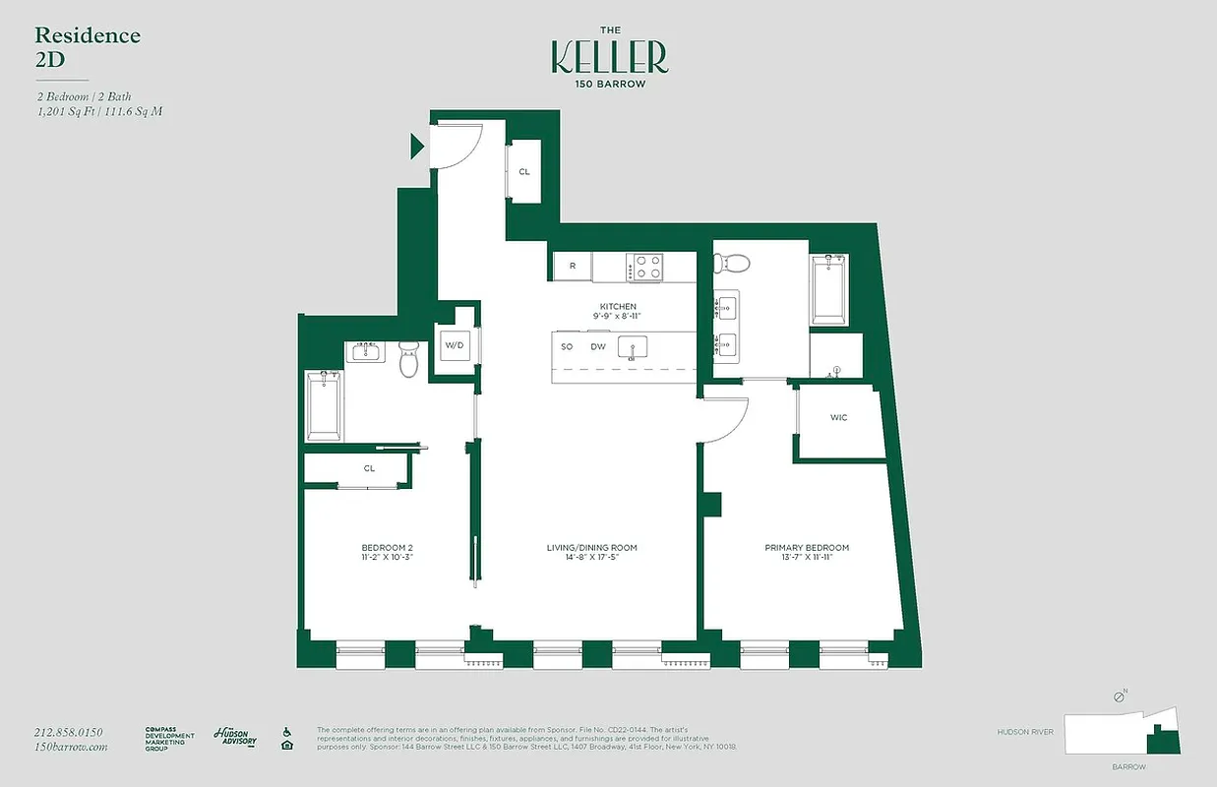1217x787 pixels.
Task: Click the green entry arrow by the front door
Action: click(x=417, y=148)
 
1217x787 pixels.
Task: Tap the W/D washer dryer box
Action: click(x=454, y=345)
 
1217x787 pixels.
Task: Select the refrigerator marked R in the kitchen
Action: click(x=572, y=267)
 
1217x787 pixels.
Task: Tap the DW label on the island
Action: click(x=597, y=347)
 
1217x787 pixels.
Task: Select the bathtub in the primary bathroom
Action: click(x=829, y=289)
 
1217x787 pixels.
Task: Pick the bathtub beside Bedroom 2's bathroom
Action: click(x=324, y=406)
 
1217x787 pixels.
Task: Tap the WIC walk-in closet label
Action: click(x=838, y=418)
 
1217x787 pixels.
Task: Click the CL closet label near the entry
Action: click(x=524, y=172)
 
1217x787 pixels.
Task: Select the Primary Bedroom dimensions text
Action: click(x=807, y=558)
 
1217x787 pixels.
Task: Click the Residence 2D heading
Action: click(x=88, y=46)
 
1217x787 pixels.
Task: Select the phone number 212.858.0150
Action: click(x=68, y=732)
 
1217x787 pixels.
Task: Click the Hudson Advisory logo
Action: click(x=234, y=738)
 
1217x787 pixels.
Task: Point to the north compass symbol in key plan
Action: click(x=1120, y=696)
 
